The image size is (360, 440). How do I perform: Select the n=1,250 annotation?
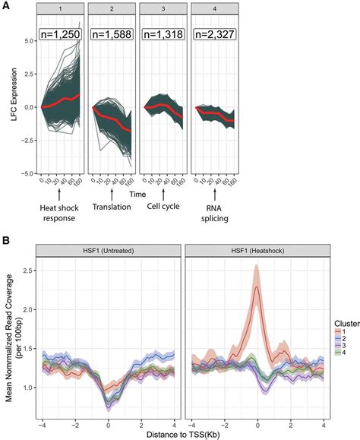pyautogui.click(x=61, y=34)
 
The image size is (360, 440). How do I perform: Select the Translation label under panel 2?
pyautogui.click(x=112, y=206)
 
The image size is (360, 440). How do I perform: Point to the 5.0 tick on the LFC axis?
pyautogui.click(x=28, y=42)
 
